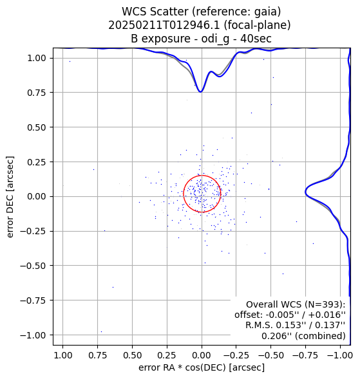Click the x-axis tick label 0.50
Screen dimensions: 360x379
coord(132,355)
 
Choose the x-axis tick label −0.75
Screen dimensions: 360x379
coord(305,355)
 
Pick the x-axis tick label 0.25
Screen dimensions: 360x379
coord(167,355)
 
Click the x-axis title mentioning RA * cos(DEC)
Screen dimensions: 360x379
coord(202,367)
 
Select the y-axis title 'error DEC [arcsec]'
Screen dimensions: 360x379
coord(10,197)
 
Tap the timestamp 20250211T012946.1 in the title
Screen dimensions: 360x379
coord(164,25)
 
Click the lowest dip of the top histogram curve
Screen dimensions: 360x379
coord(200,92)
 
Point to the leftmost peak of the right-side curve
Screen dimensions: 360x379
coord(305,192)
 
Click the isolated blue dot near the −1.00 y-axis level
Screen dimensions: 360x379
coord(101,331)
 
